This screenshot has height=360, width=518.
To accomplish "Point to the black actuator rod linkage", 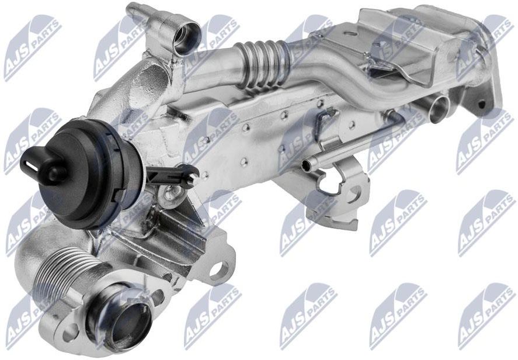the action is click(x=172, y=175).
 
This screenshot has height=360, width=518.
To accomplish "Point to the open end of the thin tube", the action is click(x=305, y=162).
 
